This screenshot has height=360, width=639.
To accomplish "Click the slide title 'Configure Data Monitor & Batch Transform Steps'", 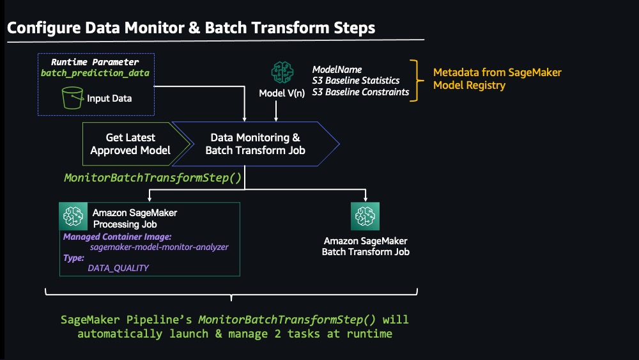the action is pos(191,27).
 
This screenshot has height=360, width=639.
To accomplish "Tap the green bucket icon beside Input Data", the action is pos(73,98).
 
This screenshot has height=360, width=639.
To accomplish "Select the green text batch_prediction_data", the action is pos(95,73).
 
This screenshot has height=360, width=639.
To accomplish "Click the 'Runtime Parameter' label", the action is pos(95,62).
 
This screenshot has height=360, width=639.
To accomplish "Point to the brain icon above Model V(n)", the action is pos(282,72).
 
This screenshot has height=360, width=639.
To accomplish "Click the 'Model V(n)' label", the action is pos(282,93).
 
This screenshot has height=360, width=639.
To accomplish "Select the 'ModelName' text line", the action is pos(337,70).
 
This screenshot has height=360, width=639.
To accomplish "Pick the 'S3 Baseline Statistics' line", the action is pos(356,81).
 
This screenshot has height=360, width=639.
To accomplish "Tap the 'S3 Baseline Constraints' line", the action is pos(360,92).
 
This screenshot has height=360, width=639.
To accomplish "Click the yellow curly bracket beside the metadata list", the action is pos(415,81).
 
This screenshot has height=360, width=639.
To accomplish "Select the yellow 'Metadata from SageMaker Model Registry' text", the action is pos(497,79).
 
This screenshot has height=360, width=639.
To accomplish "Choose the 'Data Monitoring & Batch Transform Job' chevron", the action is pos(256,144).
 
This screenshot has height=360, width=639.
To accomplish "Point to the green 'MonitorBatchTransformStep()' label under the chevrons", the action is pos(153,178).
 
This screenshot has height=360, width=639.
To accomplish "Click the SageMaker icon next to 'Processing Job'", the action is pos(73,216).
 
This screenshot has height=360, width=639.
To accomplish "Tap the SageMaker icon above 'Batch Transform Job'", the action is pos(365,216).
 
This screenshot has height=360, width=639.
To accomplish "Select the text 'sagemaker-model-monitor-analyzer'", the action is pos(159,247).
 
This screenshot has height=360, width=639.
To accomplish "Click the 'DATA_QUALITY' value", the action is pos(118,268).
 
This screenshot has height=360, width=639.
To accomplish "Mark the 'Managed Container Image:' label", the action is pos(118,237).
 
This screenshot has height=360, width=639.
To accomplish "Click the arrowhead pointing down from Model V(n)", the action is pos(276,119).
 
